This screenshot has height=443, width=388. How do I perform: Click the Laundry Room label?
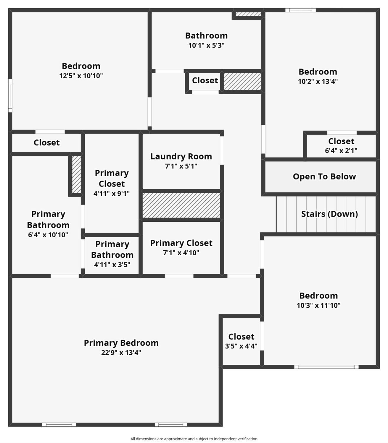181,157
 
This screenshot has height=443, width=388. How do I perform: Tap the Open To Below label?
324,176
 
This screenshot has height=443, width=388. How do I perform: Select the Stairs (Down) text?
329,214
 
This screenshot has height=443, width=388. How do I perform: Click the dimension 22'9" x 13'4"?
121,353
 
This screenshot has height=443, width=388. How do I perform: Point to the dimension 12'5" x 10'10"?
81,76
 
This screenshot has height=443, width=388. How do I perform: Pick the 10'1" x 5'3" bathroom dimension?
206,46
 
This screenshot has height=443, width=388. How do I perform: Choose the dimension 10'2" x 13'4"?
318,82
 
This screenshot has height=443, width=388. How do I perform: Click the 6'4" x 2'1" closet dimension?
341,151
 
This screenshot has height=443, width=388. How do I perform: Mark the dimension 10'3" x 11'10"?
318,306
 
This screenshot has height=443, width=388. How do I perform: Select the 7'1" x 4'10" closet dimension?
181,253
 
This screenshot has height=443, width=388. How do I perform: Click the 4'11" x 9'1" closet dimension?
111,194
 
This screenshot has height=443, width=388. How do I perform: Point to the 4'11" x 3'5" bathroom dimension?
112,264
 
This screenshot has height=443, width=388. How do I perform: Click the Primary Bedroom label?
121,343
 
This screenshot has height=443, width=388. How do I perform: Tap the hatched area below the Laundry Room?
181,205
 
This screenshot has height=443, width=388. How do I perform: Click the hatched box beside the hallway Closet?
242,81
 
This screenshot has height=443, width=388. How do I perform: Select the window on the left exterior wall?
10,95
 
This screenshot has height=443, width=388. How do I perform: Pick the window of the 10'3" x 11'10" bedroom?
326,367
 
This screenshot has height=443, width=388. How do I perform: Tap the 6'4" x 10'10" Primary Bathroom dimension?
48,235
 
